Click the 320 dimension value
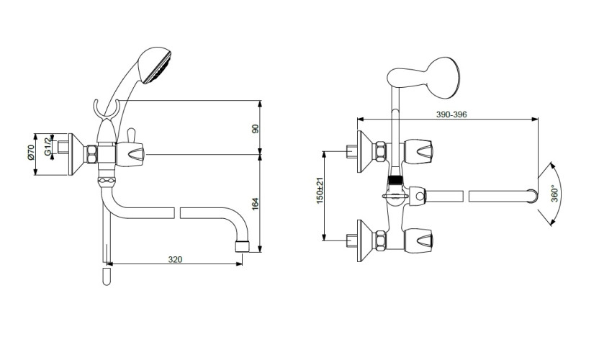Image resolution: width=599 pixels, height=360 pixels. tap(175, 259)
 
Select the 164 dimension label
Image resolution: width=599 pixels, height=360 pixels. tap(255, 203)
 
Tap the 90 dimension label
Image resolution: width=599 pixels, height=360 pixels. tap(255, 128)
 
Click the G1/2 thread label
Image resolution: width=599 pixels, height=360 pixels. tap(48, 146)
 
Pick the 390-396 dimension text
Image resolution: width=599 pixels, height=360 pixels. tap(451, 114)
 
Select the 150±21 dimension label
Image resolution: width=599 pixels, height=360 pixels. tap(320, 190)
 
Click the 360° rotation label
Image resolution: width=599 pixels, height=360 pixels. tap(555, 194)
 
